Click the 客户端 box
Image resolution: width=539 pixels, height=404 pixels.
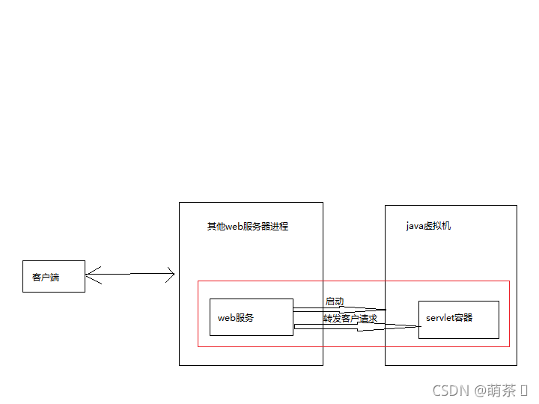(53, 276)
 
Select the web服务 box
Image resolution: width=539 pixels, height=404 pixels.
(251, 317)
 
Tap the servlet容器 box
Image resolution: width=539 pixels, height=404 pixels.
(458, 319)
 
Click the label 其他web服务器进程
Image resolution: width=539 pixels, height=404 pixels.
(248, 226)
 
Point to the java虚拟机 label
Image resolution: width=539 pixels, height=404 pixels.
(428, 225)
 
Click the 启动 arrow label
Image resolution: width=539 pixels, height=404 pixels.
(335, 302)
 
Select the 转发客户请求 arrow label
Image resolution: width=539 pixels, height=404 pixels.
(350, 319)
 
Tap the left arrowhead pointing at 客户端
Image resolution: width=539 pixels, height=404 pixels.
(91, 275)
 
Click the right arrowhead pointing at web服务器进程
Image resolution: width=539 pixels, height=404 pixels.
(170, 275)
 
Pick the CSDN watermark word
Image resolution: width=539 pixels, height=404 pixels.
(449, 391)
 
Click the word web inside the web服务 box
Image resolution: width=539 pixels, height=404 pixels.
(227, 318)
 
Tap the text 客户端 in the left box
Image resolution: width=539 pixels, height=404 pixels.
(46, 278)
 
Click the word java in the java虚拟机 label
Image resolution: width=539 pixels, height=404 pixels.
(415, 226)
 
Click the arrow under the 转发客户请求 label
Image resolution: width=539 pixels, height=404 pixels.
(356, 325)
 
